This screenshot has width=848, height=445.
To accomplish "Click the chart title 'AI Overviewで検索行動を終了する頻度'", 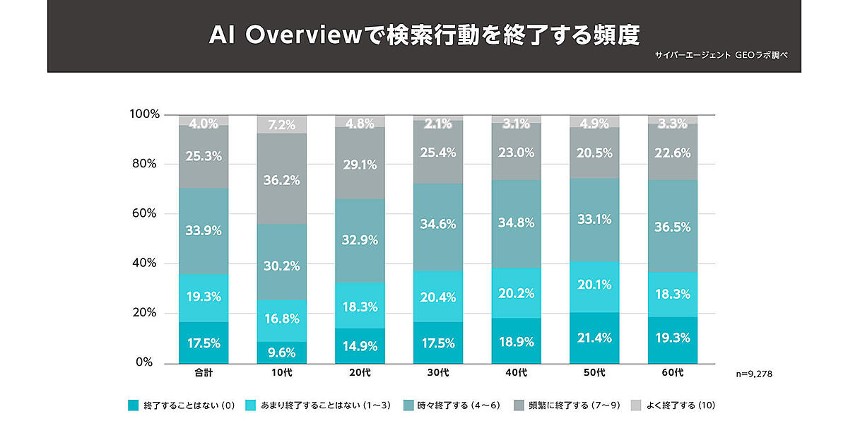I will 423,35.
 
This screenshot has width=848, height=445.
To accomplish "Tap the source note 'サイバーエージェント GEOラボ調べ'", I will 728,55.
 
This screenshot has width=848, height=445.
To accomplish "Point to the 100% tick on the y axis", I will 146,114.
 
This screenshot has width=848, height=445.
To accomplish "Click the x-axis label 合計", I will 204,372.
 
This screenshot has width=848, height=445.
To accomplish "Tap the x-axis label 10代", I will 282,372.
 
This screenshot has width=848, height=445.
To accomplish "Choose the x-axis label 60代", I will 673,372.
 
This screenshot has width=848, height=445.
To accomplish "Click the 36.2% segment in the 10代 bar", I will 282,179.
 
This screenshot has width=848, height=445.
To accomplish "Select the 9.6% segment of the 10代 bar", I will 282,352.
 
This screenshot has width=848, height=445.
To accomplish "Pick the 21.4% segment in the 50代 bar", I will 594,338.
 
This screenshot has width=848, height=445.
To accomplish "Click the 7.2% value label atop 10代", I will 282,125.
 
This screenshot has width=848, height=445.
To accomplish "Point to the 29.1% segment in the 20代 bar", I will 360,164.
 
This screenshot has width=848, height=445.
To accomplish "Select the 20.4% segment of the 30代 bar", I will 438,297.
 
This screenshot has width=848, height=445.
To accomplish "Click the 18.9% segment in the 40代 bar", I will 517,341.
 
